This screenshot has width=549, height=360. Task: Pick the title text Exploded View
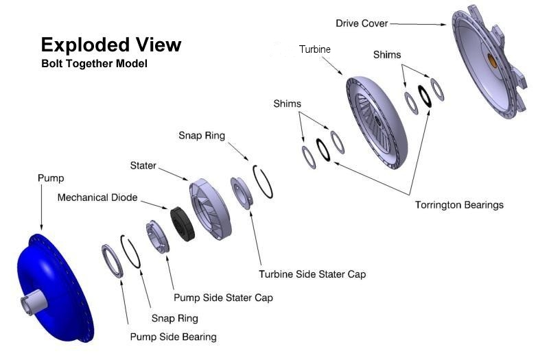pyautogui.click(x=111, y=45)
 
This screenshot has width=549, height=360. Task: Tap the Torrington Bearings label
pyautogui.click(x=459, y=204)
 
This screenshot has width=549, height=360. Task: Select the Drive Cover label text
pyautogui.click(x=362, y=23)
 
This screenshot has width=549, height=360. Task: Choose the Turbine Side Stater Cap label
pyautogui.click(x=312, y=274)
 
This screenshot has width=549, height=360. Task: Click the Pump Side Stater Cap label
pyautogui.click(x=223, y=298)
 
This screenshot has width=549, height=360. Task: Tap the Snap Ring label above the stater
pyautogui.click(x=202, y=136)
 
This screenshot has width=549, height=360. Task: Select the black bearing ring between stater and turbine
pyautogui.click(x=323, y=148)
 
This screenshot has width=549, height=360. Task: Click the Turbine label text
pyautogui.click(x=315, y=49)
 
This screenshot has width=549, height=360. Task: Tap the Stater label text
pyautogui.click(x=143, y=165)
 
